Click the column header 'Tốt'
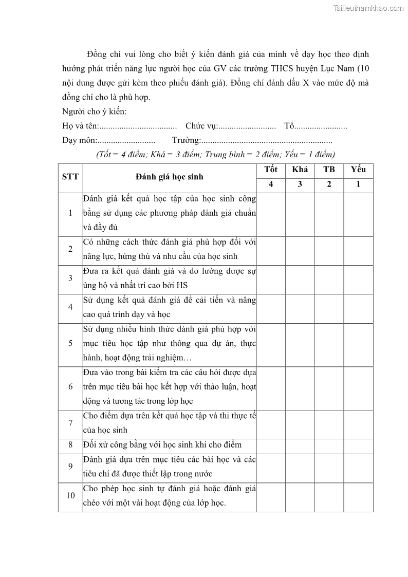coord(271,170)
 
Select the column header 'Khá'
coord(300,170)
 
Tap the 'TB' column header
coord(329,170)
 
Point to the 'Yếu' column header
coord(358,170)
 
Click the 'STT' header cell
coord(70,177)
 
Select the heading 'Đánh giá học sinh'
coord(169,177)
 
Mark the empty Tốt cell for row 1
coord(271,214)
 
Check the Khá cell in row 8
coord(300,445)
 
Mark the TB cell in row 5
coord(329,344)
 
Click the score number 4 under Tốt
coord(271,185)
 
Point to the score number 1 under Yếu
coord(358,185)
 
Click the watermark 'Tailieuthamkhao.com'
coord(368,8)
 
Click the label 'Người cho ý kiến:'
coord(94,112)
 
